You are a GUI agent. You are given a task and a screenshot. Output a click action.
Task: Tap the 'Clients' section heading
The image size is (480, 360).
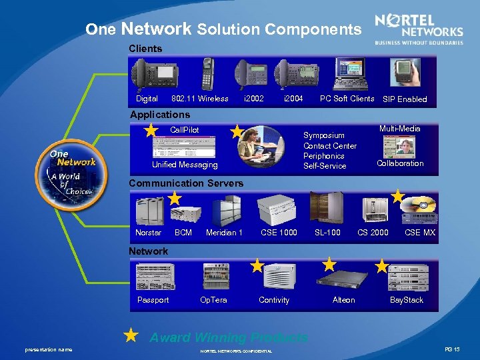click(x=145, y=49)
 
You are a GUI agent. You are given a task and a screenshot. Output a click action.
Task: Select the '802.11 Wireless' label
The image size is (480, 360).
click(x=200, y=99)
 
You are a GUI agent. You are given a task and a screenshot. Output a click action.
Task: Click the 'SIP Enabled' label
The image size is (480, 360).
click(x=405, y=99)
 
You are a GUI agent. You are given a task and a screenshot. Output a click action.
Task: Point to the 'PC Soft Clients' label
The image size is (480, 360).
click(x=347, y=99)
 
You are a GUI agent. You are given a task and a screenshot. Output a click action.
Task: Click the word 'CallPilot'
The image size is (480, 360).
click(x=185, y=129)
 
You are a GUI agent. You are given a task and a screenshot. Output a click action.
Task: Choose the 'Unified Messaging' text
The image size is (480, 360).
click(x=185, y=165)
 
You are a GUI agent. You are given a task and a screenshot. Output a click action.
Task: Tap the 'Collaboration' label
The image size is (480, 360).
click(x=400, y=163)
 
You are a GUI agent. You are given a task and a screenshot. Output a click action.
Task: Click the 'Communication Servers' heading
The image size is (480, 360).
click(x=186, y=183)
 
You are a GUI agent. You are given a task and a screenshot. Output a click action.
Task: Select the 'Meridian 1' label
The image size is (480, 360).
click(x=224, y=233)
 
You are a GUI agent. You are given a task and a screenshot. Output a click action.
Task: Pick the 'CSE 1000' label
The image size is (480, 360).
click(x=279, y=233)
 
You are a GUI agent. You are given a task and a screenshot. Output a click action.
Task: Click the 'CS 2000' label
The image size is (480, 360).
click(x=373, y=233)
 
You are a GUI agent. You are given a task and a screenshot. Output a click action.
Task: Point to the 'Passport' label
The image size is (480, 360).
click(x=153, y=300)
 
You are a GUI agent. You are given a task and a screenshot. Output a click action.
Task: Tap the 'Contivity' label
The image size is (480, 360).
click(x=274, y=300)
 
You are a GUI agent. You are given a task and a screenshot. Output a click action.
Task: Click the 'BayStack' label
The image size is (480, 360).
click(x=407, y=300)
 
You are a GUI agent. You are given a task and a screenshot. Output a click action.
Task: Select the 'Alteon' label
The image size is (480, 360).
click(x=344, y=300)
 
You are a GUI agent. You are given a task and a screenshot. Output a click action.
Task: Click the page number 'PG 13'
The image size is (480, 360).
click(x=453, y=349)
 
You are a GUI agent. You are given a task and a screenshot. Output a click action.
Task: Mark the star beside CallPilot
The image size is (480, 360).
click(x=152, y=129)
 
